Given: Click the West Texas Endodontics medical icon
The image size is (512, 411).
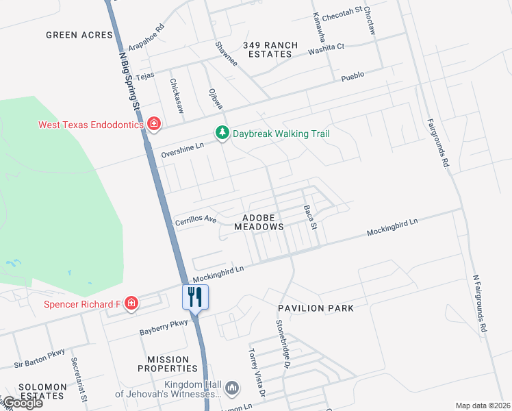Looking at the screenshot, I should pyautogui.click(x=155, y=124).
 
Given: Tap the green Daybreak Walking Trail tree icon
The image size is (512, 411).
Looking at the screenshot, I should pyautogui.click(x=221, y=133).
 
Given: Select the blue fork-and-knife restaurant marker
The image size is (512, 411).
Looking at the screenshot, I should pyautogui.click(x=194, y=297).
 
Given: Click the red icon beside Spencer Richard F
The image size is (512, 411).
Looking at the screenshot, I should pyautogui.click(x=131, y=303).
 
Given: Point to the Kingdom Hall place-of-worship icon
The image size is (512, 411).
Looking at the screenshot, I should pyautogui.click(x=233, y=388).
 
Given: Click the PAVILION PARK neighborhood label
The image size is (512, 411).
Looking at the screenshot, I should pyautogui.click(x=316, y=308).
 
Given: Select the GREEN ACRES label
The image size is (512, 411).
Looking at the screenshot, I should pyautogui.click(x=79, y=34).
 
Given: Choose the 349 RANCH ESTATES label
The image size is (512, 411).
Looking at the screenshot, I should pyautogui.click(x=270, y=50).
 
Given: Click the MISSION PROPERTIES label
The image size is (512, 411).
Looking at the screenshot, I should pyautogui.click(x=168, y=364).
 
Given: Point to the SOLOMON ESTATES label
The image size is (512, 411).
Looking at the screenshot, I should pyautogui.click(x=43, y=391).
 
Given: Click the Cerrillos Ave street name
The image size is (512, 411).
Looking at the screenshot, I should pyautogui.click(x=196, y=221).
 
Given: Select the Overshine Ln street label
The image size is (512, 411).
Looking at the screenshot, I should pyautogui.click(x=183, y=150).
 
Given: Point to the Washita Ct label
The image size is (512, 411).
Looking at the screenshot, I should pyautogui.click(x=326, y=50).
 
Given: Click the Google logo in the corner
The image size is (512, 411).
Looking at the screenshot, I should pyautogui.click(x=22, y=403).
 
